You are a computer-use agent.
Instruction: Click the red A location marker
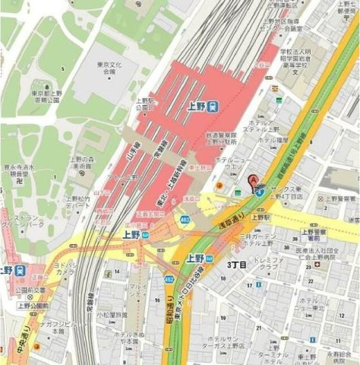(254, 180)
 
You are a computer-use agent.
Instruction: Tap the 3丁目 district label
(238, 265)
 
